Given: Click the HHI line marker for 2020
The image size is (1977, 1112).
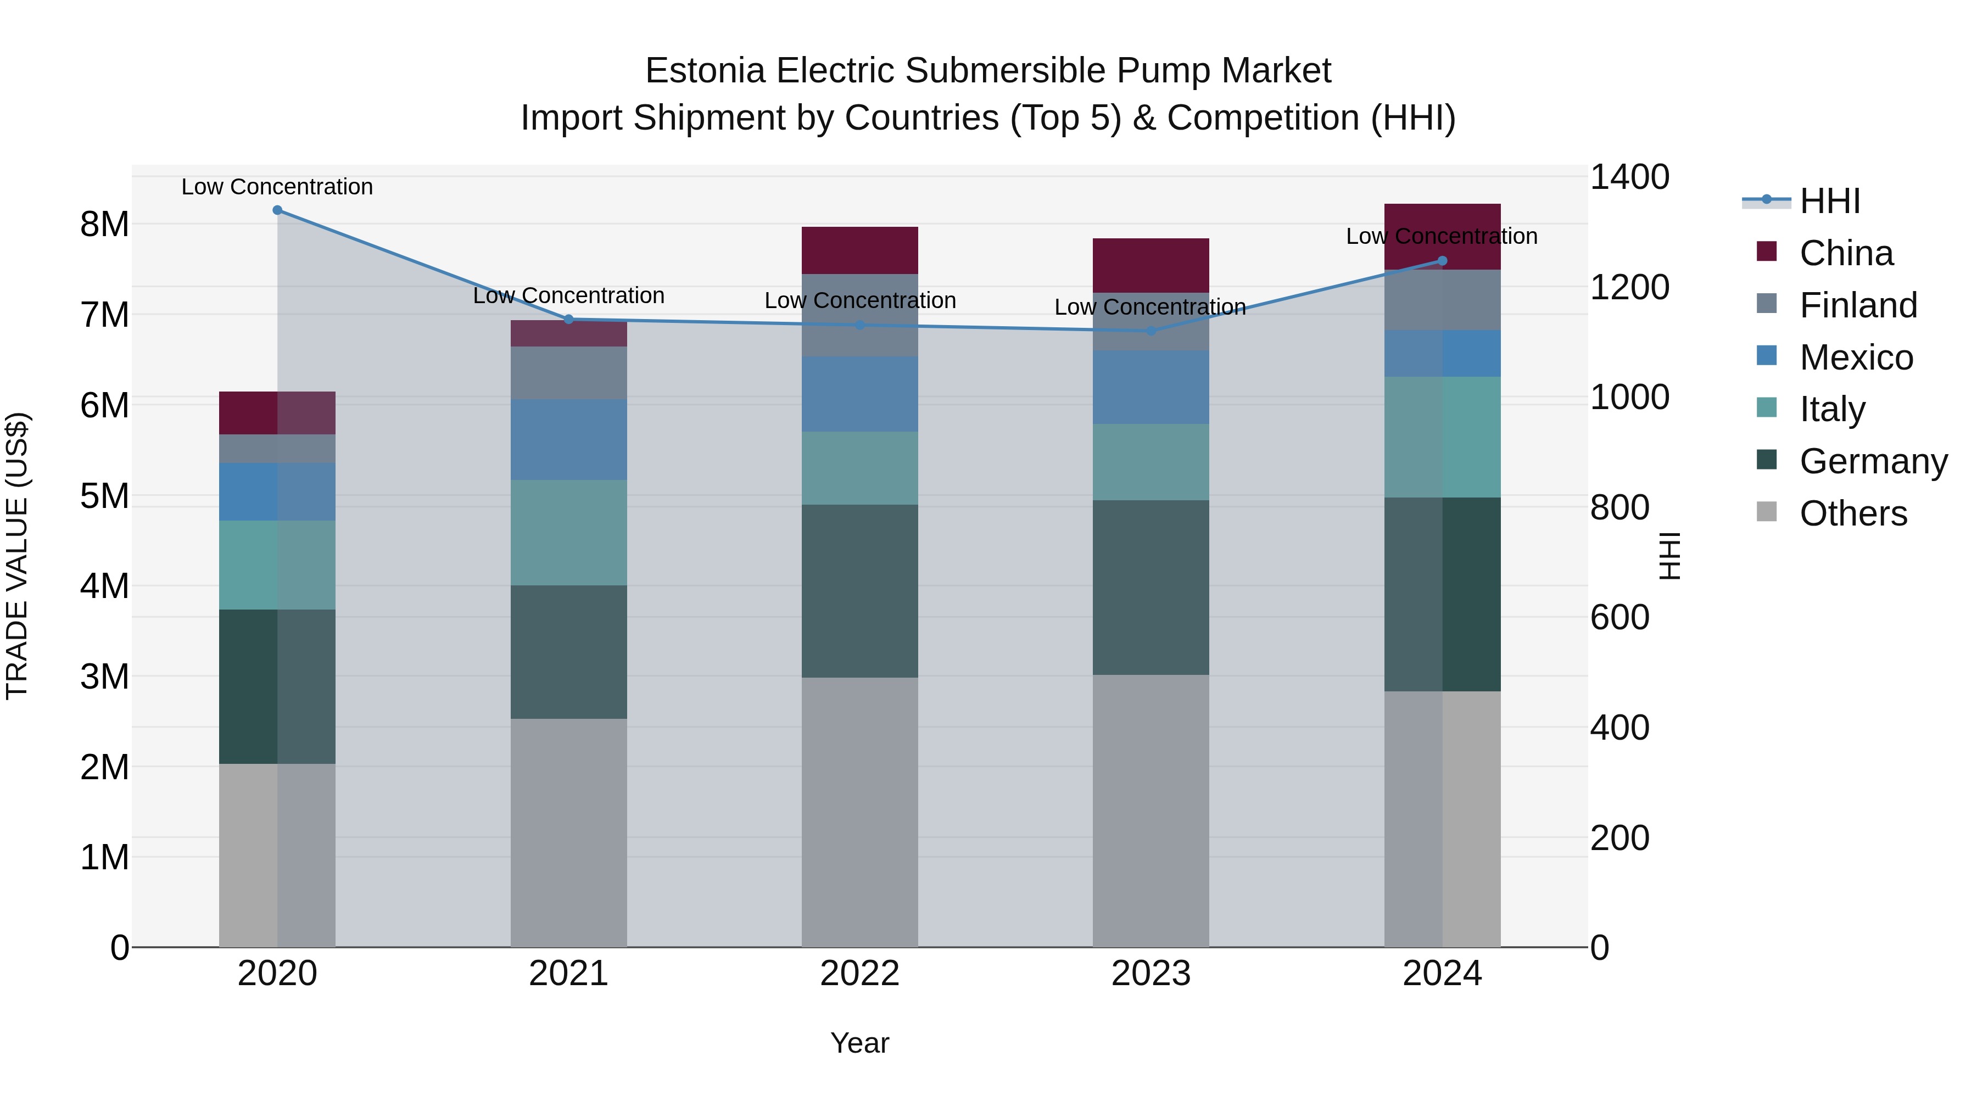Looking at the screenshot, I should click(277, 210).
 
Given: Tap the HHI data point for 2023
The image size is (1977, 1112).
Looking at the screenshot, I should click(1151, 331).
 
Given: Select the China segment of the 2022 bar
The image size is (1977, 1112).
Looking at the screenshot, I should click(859, 250).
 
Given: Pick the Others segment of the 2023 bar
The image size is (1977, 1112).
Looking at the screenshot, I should click(1151, 811).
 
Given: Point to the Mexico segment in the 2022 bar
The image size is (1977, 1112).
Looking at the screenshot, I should click(859, 394).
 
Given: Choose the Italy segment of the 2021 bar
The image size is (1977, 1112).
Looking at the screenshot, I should click(569, 533).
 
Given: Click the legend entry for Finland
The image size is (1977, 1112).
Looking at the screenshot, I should click(1857, 305).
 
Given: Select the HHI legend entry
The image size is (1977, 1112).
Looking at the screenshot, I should click(1829, 201).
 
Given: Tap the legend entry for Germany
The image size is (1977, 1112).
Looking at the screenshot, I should click(1873, 461).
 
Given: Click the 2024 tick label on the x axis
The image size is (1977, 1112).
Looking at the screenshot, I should click(1442, 974).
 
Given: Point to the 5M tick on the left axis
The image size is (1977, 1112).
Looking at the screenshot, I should click(104, 496).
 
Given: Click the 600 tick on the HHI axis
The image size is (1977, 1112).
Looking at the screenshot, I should click(1619, 618).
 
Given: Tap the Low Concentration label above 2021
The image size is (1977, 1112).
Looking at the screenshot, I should click(569, 295).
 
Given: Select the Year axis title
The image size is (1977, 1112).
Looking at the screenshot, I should click(859, 1043).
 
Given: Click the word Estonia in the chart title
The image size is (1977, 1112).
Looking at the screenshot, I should click(705, 71).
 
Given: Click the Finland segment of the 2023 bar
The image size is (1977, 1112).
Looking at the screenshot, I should click(1151, 322).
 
